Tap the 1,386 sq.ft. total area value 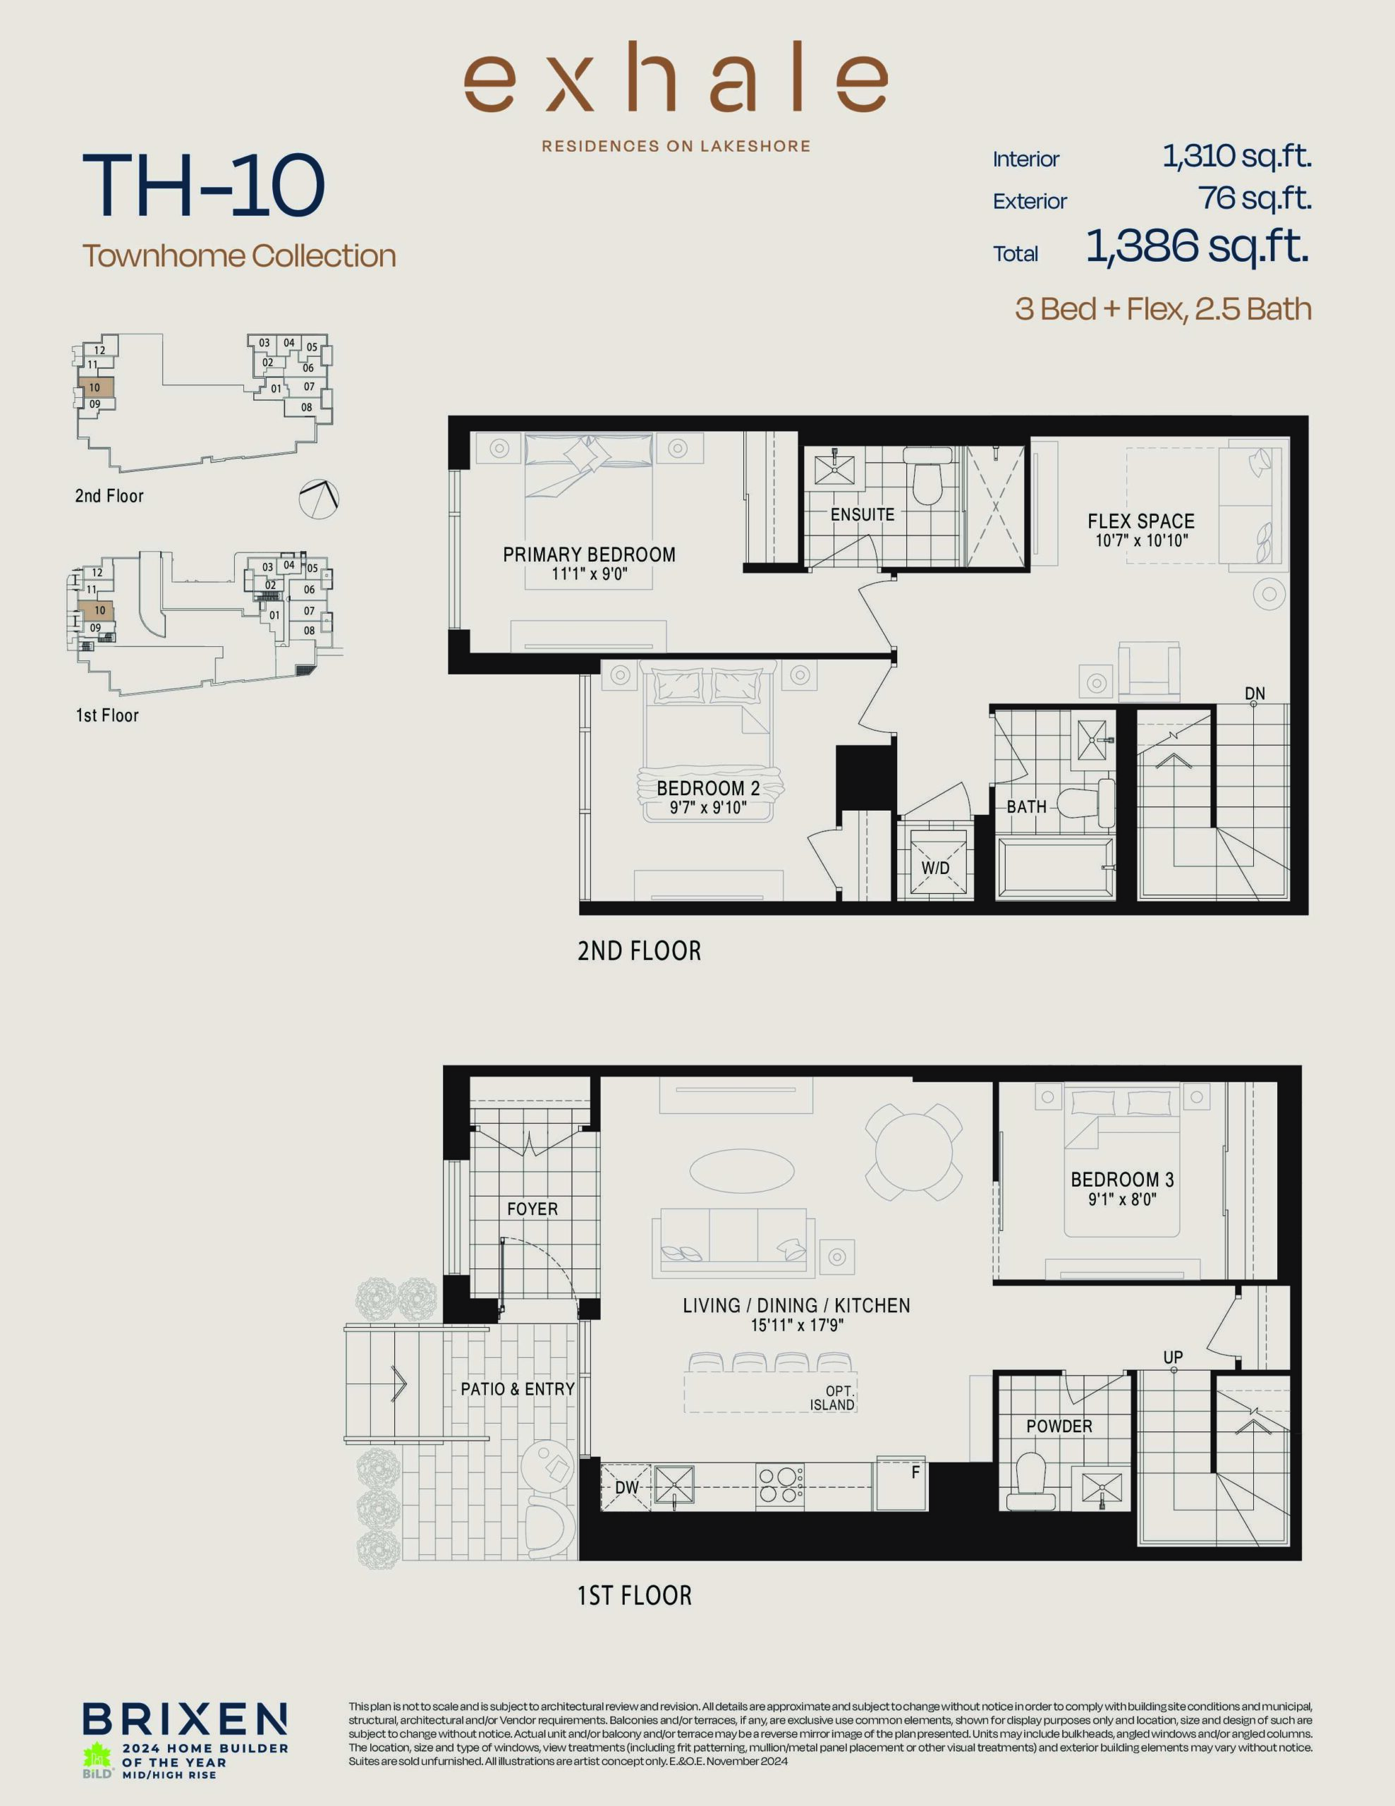1198,246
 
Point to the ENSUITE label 863,514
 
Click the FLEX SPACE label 1141,521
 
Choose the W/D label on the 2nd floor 935,868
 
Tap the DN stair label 1255,693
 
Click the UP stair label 1173,1357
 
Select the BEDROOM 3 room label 1122,1180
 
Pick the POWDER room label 1059,1426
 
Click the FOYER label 532,1209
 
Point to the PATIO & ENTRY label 518,1388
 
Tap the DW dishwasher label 627,1487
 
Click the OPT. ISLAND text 834,1398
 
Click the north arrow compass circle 319,499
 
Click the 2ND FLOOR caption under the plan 639,951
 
